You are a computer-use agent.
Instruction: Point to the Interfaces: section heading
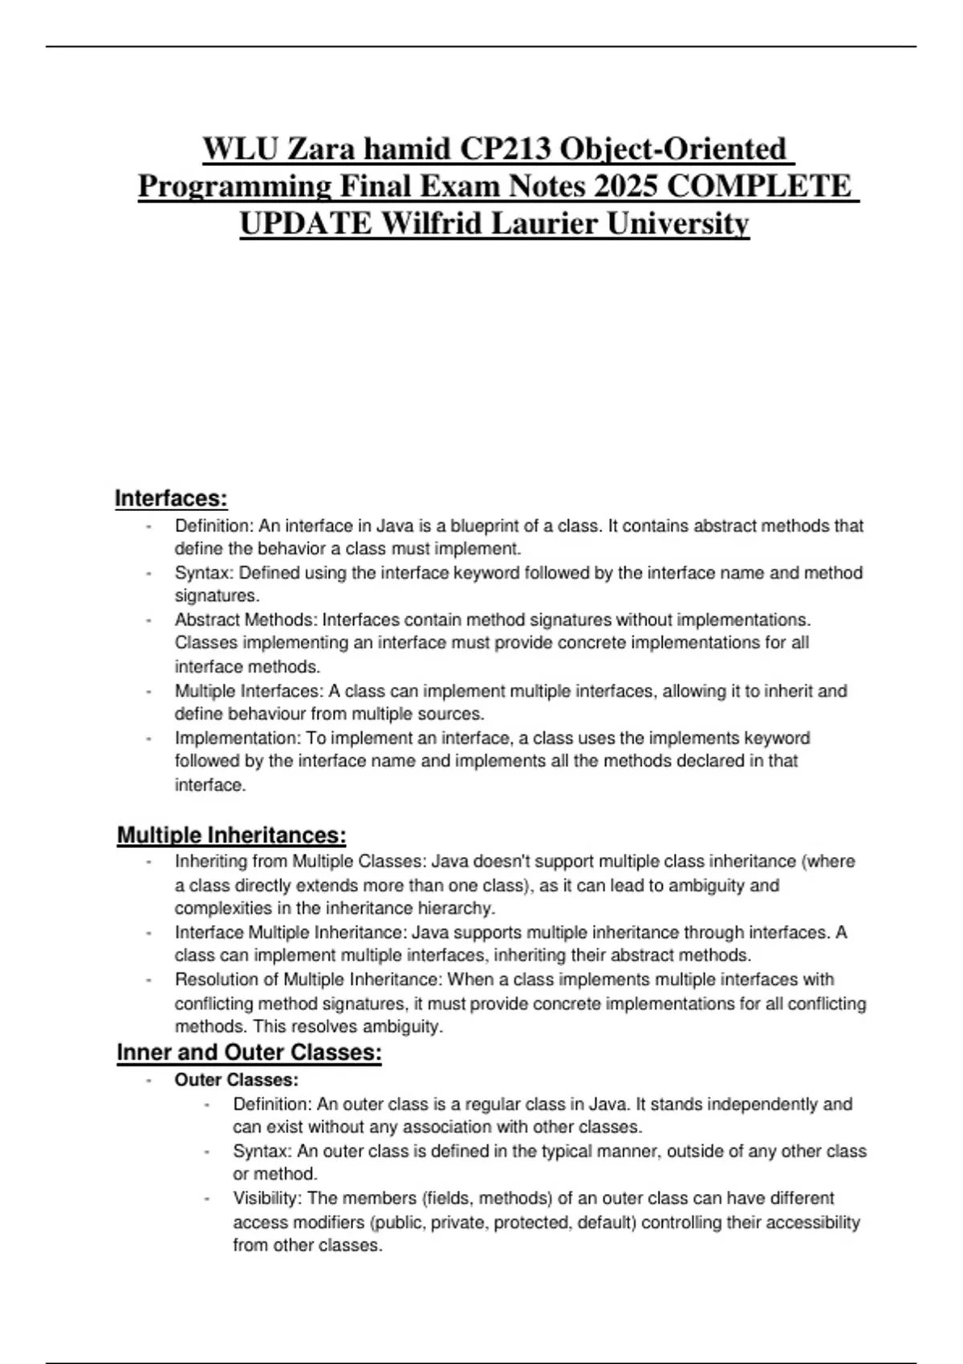171,498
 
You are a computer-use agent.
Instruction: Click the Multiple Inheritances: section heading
231,835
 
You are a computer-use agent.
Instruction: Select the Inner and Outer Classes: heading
249,1052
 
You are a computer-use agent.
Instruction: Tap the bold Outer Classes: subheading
236,1080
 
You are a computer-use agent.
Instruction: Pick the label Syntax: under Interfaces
204,573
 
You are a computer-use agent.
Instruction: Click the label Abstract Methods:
246,620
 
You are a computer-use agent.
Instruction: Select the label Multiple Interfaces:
249,691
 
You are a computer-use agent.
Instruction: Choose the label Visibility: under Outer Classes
267,1199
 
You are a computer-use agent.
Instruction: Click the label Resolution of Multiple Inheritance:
308,980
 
